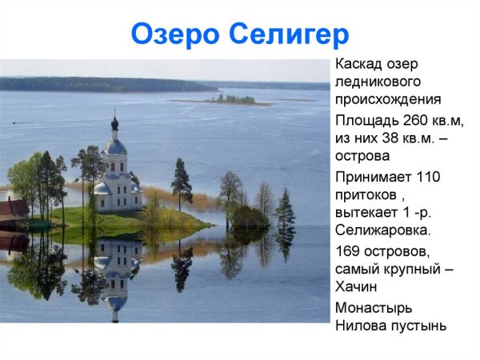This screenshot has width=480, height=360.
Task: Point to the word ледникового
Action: [378, 82]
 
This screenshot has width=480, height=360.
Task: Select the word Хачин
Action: [356, 287]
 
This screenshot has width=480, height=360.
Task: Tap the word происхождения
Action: [388, 100]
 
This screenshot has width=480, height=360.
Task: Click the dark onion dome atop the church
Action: [115, 124]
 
